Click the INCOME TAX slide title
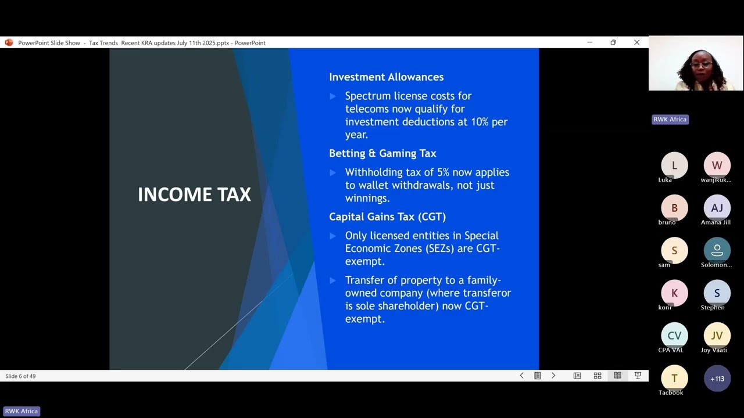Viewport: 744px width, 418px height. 194,194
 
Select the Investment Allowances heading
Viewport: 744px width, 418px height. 386,77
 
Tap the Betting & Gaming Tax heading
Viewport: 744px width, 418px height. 382,153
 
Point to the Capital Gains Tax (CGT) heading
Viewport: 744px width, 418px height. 387,217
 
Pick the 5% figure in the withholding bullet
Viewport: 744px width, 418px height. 445,172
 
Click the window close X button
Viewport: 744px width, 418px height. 636,42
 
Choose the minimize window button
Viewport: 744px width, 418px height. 589,42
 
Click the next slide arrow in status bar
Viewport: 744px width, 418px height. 553,376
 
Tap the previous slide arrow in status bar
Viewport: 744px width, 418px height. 521,376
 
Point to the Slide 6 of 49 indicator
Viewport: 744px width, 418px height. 21,376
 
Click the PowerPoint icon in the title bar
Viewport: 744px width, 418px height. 9,42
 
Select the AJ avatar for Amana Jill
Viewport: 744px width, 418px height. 717,208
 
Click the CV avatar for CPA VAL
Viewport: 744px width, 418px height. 674,336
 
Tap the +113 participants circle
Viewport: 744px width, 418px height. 717,379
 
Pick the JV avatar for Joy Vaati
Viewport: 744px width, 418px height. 717,336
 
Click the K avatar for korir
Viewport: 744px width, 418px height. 674,293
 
